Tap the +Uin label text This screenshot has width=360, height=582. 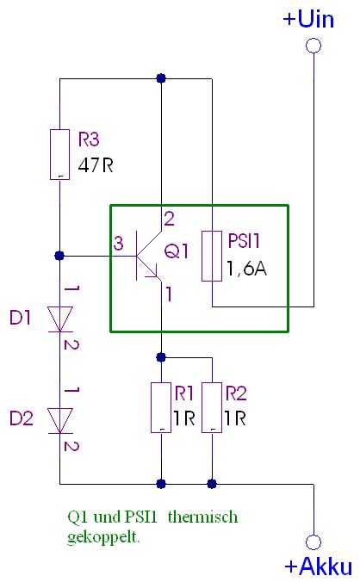click(308, 19)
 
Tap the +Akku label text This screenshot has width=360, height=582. click(319, 567)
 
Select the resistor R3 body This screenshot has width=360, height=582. click(59, 154)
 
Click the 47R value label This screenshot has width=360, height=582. click(96, 165)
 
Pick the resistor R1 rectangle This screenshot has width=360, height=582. click(161, 407)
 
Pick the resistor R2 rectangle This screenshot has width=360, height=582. click(212, 407)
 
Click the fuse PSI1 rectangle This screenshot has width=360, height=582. click(212, 256)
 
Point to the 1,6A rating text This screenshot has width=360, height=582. click(247, 268)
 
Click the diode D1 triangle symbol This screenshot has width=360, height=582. click(59, 319)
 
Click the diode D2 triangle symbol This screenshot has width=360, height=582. click(59, 420)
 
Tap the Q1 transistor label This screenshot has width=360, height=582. click(177, 251)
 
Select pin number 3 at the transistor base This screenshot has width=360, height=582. click(118, 244)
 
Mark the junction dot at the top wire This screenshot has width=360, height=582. click(161, 78)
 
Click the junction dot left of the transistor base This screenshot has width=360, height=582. click(59, 256)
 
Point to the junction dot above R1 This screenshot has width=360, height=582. click(161, 357)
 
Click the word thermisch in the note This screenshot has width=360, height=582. click(202, 517)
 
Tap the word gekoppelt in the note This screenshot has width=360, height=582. click(103, 537)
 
